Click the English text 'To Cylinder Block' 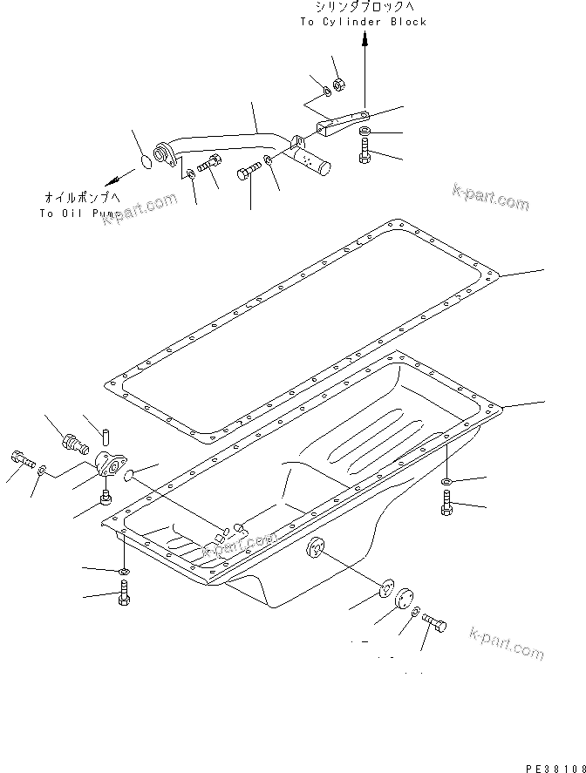[x=364, y=22]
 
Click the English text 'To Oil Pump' [x=76, y=213]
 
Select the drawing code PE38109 [x=554, y=766]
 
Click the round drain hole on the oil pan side [x=314, y=549]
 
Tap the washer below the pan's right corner [x=446, y=481]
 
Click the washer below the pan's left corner [x=122, y=573]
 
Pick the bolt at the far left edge [x=21, y=458]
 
